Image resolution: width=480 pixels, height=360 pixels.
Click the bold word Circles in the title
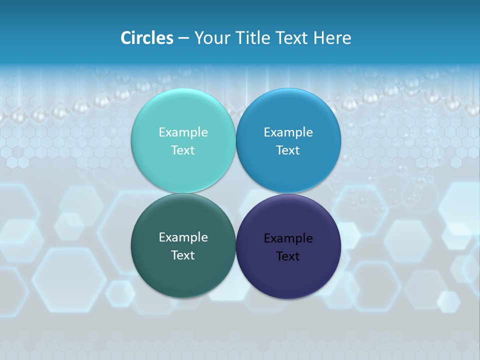click(147, 38)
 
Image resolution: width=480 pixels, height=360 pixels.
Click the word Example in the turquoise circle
click(183, 132)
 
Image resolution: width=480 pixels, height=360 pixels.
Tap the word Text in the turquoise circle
click(183, 150)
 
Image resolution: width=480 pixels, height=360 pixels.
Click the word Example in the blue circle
click(288, 132)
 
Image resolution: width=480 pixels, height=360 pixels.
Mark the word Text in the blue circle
click(288, 150)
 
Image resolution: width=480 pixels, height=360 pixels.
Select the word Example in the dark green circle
click(183, 237)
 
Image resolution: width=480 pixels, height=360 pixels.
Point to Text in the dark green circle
click(183, 255)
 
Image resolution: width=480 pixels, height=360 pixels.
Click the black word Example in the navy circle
click(288, 238)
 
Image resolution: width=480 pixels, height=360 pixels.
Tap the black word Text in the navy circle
click(288, 256)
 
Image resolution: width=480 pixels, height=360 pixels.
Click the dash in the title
click(183, 38)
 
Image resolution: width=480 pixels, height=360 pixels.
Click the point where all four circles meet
click(236, 193)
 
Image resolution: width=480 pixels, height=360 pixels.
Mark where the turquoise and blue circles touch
click(236, 140)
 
